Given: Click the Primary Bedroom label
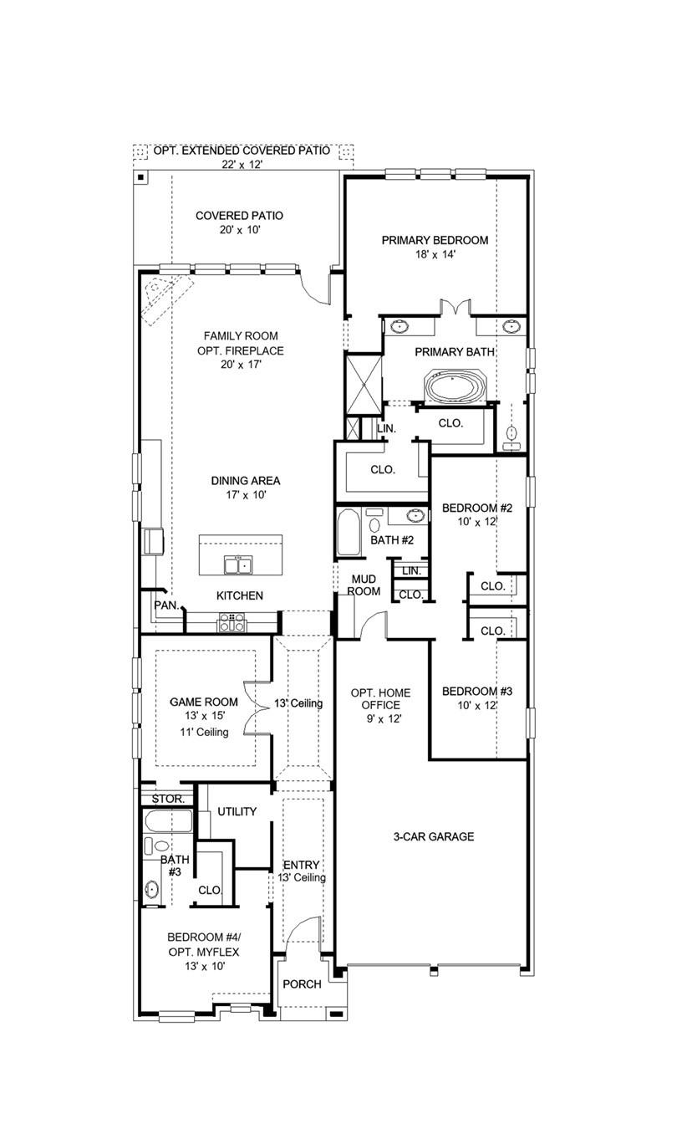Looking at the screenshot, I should pyautogui.click(x=435, y=240).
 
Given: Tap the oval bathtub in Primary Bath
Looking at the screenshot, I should pyautogui.click(x=456, y=387).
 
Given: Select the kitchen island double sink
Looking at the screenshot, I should pyautogui.click(x=239, y=566).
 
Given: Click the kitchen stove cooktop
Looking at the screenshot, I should pyautogui.click(x=232, y=622).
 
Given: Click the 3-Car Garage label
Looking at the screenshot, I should pyautogui.click(x=434, y=836).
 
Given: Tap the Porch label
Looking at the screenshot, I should pyautogui.click(x=302, y=983).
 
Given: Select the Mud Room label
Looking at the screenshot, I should pyautogui.click(x=364, y=585).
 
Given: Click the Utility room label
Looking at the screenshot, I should pyautogui.click(x=237, y=811).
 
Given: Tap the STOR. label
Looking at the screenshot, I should pyautogui.click(x=167, y=799).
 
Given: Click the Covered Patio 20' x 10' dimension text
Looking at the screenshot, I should pyautogui.click(x=239, y=230).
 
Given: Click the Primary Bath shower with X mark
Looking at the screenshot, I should pyautogui.click(x=364, y=384).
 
